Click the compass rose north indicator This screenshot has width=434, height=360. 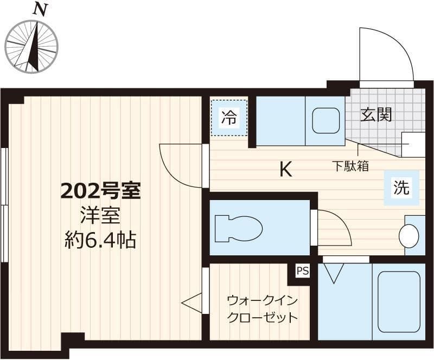pos(31,46)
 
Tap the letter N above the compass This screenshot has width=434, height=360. pos(40,9)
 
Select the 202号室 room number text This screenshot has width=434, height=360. pos(100,191)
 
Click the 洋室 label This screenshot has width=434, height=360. pos(100,215)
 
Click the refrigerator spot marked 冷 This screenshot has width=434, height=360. pos(229,118)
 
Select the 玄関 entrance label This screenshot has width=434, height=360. pos(376,115)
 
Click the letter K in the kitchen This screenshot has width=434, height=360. pos(285,170)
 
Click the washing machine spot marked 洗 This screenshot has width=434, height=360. pos(401,188)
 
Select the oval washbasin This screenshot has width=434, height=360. pos(409,236)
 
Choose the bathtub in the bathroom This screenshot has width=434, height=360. pos(399,301)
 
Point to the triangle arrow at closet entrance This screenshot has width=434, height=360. pos(192,303)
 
